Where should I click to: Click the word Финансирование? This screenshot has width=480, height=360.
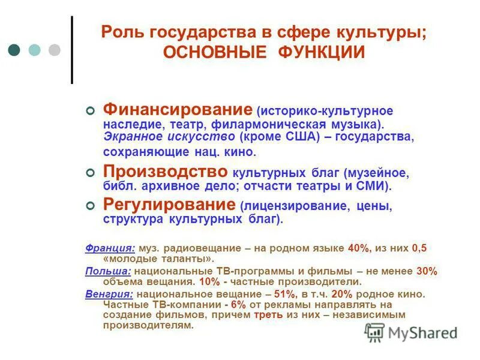pos(178,110)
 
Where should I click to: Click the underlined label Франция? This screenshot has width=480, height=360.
pos(110,248)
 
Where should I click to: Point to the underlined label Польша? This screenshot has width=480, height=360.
pos(108,271)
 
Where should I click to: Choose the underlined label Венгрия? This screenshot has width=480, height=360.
pos(110,294)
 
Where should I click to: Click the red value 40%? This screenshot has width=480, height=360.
pos(359,248)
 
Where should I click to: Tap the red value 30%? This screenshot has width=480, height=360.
pos(427,271)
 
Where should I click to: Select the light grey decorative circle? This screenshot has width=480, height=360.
pos(55,50)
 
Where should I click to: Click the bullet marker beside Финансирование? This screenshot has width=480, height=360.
pos(91,111)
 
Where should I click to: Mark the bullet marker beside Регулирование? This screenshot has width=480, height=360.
pos(91,205)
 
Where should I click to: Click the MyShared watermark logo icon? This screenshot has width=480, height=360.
pos(375,332)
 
